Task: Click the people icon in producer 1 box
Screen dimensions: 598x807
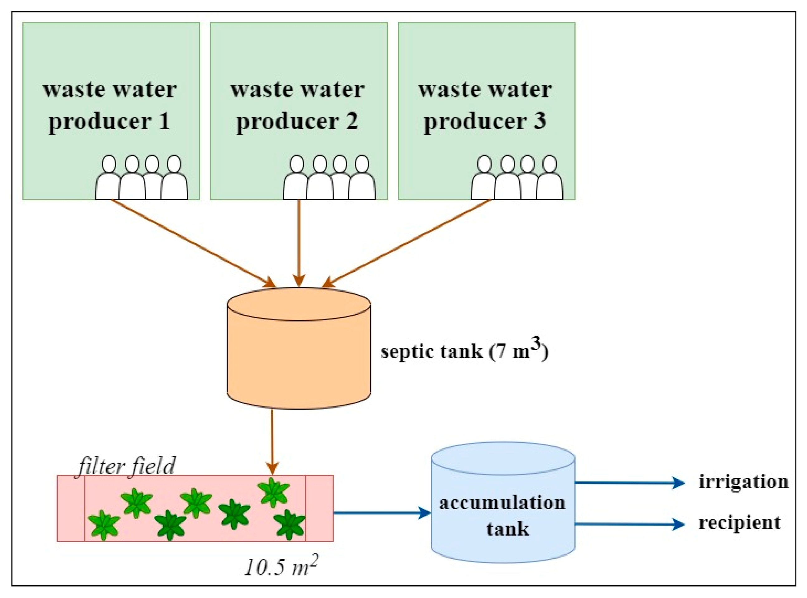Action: pos(142,177)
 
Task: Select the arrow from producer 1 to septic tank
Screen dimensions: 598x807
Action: pos(192,242)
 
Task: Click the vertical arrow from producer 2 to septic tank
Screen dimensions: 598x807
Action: pos(299,242)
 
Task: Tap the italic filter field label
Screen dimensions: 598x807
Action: pos(127,466)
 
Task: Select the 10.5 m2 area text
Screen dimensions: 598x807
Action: pos(281,567)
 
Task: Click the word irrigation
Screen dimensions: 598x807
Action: pos(743,482)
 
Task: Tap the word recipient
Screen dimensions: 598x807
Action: pos(739,523)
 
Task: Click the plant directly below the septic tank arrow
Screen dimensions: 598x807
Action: pos(273,492)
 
